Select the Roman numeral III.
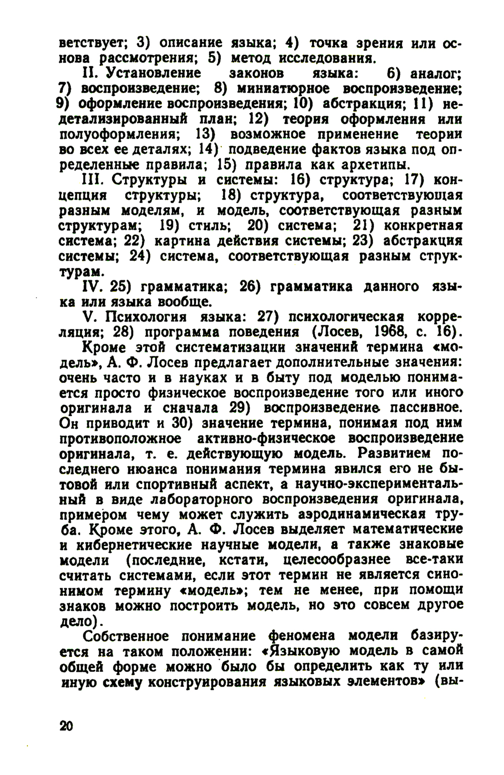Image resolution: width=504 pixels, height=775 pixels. click(x=91, y=180)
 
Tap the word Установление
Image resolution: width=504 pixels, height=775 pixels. click(x=151, y=73)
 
